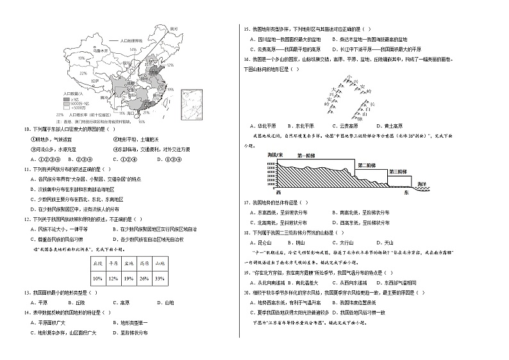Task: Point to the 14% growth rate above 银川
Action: [x=133, y=49]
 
